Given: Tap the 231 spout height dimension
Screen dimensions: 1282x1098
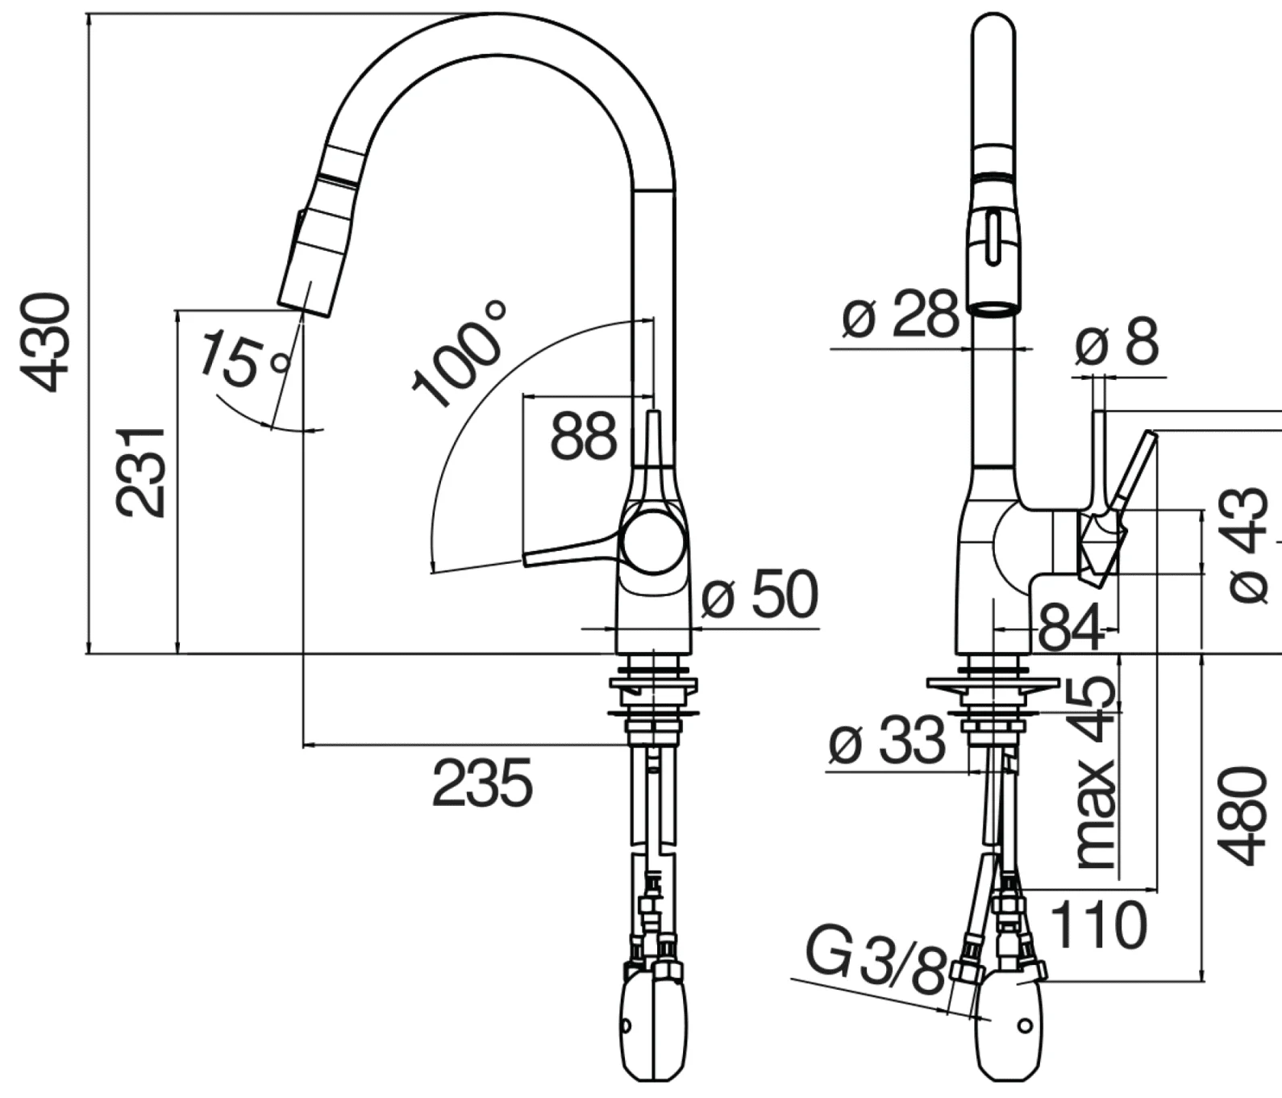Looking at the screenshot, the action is (140, 472).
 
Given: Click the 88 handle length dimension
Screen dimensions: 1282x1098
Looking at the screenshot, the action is (583, 436).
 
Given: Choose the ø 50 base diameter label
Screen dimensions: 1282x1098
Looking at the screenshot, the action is (759, 595).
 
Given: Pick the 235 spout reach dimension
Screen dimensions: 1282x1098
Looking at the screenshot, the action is (482, 783).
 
